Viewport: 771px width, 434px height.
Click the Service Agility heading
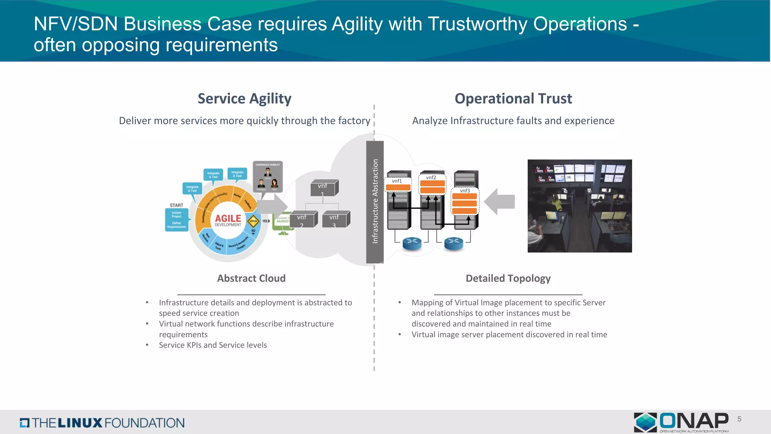(x=244, y=99)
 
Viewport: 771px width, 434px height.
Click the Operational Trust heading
(x=513, y=99)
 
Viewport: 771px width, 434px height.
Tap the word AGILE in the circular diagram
(x=228, y=218)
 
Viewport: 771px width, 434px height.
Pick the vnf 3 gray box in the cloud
(x=335, y=220)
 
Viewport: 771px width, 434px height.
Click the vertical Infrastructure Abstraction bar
(x=375, y=202)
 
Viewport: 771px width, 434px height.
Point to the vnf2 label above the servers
(x=431, y=177)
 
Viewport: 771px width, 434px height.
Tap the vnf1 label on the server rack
(x=397, y=181)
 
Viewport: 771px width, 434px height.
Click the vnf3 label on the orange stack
(x=465, y=191)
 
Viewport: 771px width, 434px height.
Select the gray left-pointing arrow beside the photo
(x=500, y=202)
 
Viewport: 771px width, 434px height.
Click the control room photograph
(x=579, y=206)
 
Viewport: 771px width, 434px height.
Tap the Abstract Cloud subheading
(x=251, y=278)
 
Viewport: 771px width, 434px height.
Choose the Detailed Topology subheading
(x=508, y=278)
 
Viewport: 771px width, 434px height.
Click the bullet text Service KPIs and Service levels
(x=213, y=345)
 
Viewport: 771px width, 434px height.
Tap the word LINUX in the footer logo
(x=80, y=423)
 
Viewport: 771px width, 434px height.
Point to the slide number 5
(x=739, y=419)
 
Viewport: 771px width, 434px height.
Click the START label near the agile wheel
(x=176, y=205)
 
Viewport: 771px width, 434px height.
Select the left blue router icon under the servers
(x=412, y=243)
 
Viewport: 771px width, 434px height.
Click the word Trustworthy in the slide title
(x=478, y=24)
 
